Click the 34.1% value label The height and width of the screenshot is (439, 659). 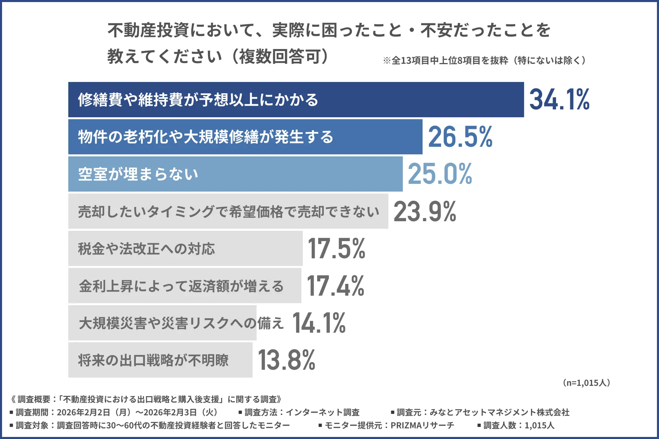(x=559, y=99)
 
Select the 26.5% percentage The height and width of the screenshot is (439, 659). (x=460, y=137)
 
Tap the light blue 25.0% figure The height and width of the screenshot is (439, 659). (x=440, y=174)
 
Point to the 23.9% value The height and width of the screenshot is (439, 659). (x=425, y=211)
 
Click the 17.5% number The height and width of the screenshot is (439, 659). (x=336, y=248)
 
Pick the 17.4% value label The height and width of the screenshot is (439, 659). (x=335, y=286)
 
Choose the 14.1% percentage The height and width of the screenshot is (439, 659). (x=319, y=323)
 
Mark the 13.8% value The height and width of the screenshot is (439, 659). (x=286, y=360)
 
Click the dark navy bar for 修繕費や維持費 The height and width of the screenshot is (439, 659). (x=412, y=99)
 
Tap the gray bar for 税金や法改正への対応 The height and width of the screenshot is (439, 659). (x=257, y=248)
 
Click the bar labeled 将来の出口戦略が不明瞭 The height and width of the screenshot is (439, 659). (x=240, y=360)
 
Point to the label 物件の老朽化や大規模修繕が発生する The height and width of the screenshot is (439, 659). (x=205, y=137)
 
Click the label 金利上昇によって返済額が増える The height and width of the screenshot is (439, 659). (x=181, y=286)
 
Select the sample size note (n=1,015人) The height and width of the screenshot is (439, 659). (x=586, y=383)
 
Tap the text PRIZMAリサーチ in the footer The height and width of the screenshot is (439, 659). (x=422, y=425)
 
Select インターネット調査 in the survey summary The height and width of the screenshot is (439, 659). (x=323, y=412)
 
